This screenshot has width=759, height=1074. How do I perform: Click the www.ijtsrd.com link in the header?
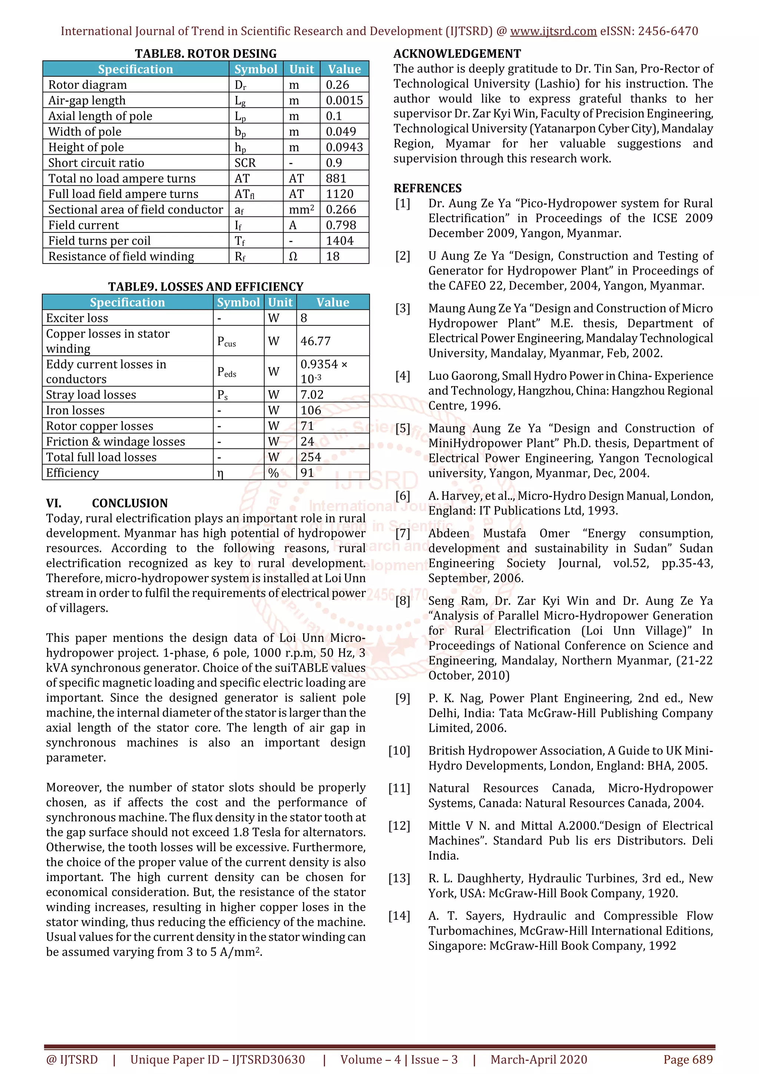pyautogui.click(x=553, y=32)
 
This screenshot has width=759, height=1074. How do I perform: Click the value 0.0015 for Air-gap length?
pyautogui.click(x=344, y=100)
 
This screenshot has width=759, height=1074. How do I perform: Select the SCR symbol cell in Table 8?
pyautogui.click(x=245, y=163)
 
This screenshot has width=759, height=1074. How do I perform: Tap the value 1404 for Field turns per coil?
pyautogui.click(x=339, y=241)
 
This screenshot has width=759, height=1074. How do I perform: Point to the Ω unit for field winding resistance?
pyautogui.click(x=293, y=257)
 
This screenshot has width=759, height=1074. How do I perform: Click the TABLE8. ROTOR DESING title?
pyautogui.click(x=206, y=53)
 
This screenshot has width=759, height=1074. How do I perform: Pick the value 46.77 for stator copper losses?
pyautogui.click(x=315, y=341)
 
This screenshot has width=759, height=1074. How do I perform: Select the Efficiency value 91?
pyautogui.click(x=307, y=473)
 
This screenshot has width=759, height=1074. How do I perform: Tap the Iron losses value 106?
pyautogui.click(x=311, y=410)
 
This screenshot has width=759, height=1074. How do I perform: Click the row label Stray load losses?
pyautogui.click(x=91, y=395)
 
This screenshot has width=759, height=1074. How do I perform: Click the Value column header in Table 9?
pyautogui.click(x=332, y=303)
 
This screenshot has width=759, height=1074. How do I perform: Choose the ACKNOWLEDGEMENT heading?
pyautogui.click(x=457, y=53)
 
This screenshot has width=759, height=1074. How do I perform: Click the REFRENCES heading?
pyautogui.click(x=427, y=188)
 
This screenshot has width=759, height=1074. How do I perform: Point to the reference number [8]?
pyautogui.click(x=402, y=601)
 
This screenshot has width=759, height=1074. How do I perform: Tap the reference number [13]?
pyautogui.click(x=399, y=878)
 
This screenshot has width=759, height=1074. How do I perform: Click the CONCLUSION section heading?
pyautogui.click(x=130, y=503)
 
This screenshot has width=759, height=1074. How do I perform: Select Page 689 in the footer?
pyautogui.click(x=688, y=1060)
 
